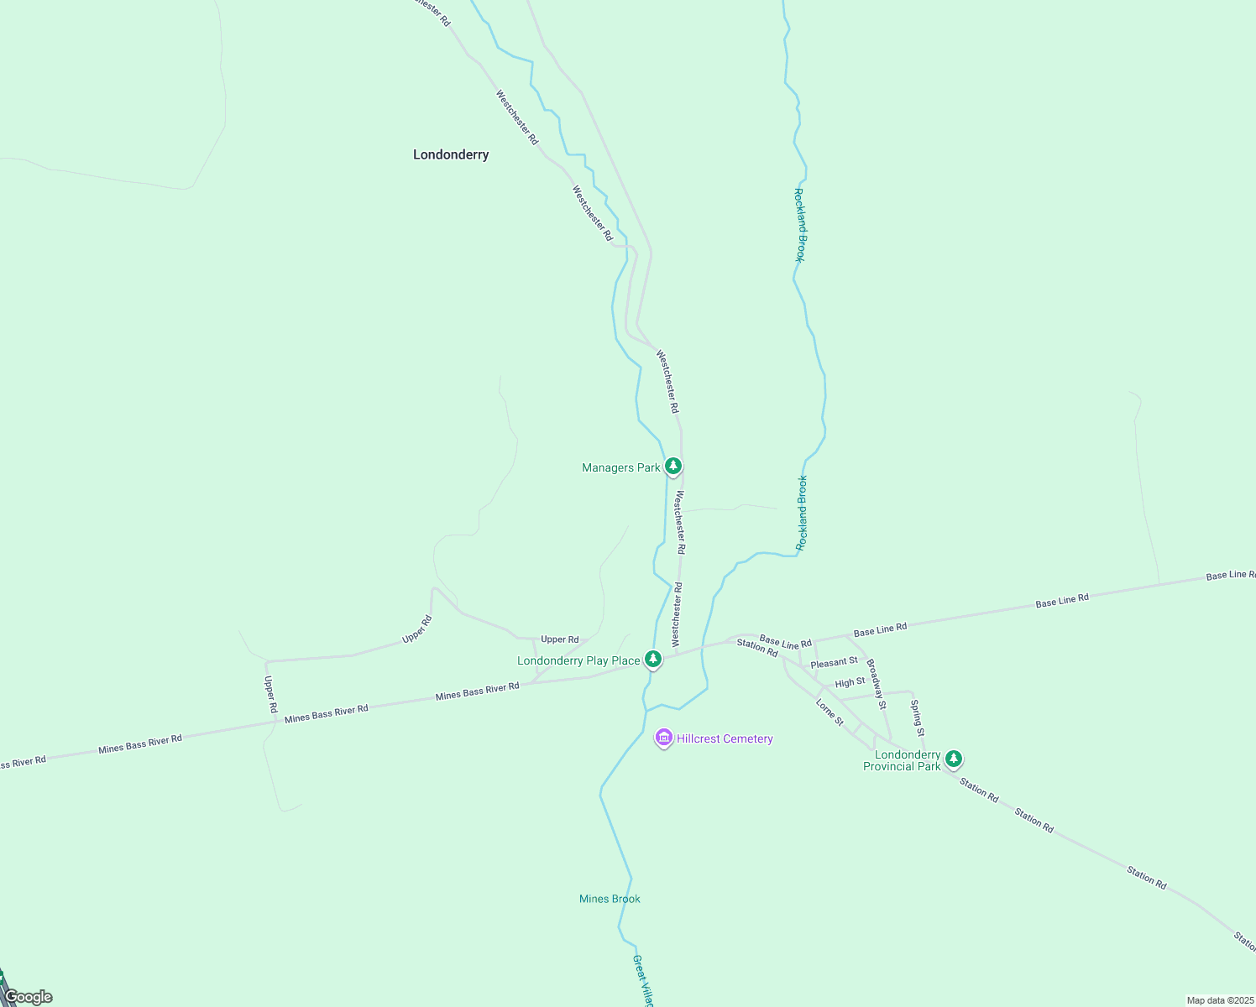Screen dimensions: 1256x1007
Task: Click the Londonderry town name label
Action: tap(451, 154)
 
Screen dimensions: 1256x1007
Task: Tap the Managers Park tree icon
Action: tap(672, 466)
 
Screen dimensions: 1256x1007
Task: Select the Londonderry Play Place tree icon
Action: tap(652, 659)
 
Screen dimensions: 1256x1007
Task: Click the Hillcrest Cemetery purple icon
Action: tap(664, 738)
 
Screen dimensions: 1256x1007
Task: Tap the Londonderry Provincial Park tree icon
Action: tap(953, 759)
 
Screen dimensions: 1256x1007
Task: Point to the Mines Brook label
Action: tap(610, 899)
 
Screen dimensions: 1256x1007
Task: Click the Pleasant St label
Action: tap(834, 663)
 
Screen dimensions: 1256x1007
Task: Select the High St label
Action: tap(850, 683)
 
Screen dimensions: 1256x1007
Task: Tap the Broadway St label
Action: tap(876, 684)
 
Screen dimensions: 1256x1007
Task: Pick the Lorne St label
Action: tap(829, 712)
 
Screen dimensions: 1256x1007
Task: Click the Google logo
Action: tap(29, 997)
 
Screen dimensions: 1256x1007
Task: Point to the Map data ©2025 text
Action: tap(1219, 1000)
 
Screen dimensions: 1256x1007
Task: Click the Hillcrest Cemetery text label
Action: tap(725, 738)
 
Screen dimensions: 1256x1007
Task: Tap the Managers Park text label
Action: tap(621, 467)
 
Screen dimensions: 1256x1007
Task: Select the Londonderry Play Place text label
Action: tap(578, 660)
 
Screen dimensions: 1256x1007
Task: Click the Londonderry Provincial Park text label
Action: tap(903, 760)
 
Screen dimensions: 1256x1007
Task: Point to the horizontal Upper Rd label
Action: tap(559, 639)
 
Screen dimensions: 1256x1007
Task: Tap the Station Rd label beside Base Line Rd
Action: tap(757, 647)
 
